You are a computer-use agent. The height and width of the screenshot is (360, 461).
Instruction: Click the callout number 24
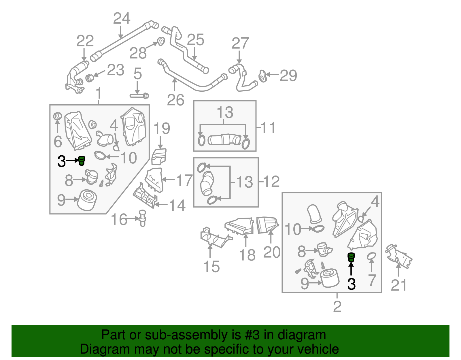tap(122, 18)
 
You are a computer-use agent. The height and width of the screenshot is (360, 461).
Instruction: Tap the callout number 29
tap(288, 76)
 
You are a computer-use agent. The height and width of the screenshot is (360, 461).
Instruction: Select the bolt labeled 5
tap(139, 95)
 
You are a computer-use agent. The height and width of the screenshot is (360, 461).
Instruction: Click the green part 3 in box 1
tap(82, 161)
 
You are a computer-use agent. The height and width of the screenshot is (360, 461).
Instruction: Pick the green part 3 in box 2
tap(351, 257)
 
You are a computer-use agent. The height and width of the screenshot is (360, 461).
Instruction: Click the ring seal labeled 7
tap(372, 256)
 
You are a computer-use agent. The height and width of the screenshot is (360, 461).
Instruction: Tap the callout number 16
tap(119, 220)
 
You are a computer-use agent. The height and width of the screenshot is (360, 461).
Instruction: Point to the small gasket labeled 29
tap(262, 75)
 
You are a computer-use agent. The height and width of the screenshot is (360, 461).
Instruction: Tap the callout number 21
tap(398, 285)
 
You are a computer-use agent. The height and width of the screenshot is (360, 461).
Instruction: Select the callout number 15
tap(211, 267)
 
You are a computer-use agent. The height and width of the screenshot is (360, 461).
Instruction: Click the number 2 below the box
tap(337, 306)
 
